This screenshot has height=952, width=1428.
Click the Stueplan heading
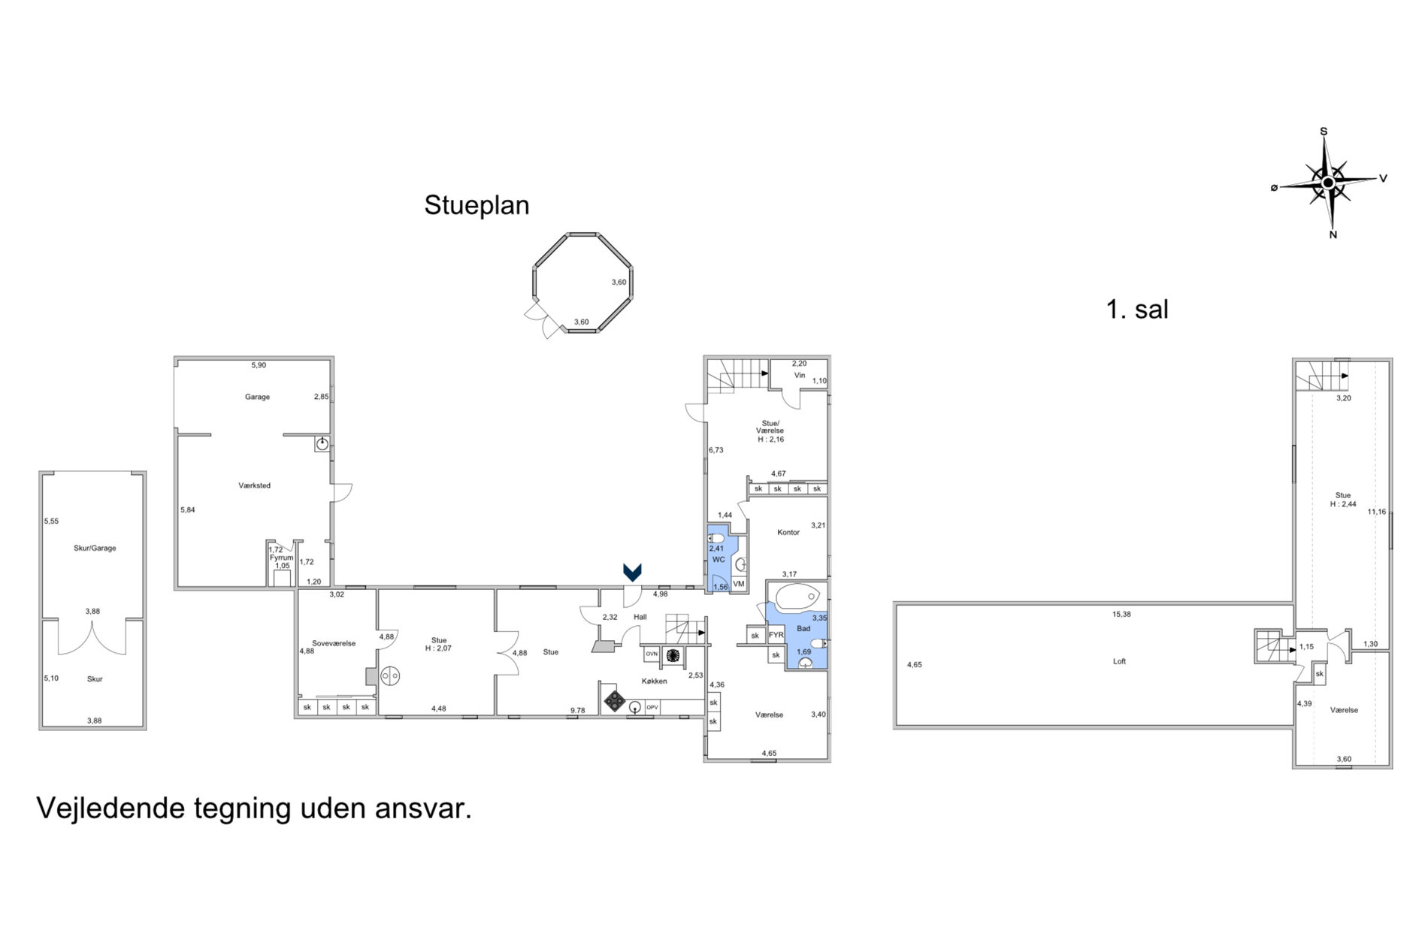[477, 205]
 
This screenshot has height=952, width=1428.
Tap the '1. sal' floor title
[1137, 309]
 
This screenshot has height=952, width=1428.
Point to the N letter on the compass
[1333, 234]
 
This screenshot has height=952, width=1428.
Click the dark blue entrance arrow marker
[632, 573]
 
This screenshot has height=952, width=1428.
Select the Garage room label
[257, 397]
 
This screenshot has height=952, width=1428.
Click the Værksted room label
[254, 485]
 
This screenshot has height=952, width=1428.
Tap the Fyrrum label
[282, 558]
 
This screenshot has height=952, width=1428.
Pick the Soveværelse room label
[334, 643]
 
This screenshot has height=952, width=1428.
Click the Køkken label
[654, 681]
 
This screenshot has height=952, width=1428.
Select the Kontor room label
[788, 532]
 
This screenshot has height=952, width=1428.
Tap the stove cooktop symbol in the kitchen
[615, 701]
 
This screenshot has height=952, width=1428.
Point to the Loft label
[1119, 661]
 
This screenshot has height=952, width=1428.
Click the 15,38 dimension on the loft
[1121, 614]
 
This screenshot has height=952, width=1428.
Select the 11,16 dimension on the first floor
[1377, 512]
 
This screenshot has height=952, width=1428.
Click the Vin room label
[800, 375]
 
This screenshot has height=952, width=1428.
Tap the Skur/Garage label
[95, 548]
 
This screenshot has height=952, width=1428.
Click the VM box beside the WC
[739, 584]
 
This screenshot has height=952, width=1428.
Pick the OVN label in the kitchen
[652, 654]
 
